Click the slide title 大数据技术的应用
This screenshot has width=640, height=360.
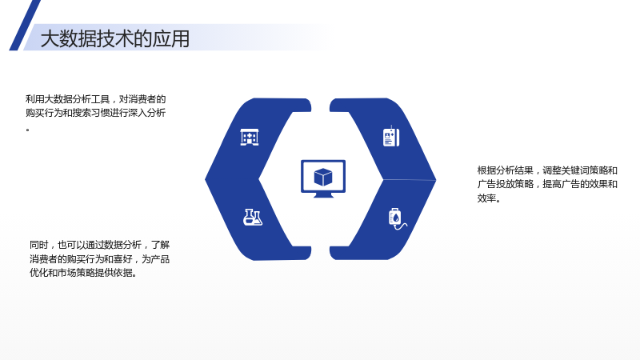[x=114, y=38]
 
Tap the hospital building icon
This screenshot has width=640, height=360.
[x=250, y=137]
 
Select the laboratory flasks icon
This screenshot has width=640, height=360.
[x=253, y=217]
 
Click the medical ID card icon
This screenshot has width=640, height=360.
[x=391, y=137]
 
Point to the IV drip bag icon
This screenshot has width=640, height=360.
[x=397, y=218]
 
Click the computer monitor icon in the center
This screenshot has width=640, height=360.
[x=323, y=178]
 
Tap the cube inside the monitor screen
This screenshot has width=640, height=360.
[x=323, y=177]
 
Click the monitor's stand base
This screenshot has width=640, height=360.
[x=323, y=195]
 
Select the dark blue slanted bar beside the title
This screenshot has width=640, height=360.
[x=25, y=26]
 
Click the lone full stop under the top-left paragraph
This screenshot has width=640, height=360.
[x=28, y=130]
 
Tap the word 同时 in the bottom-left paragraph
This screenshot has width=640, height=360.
[x=38, y=245]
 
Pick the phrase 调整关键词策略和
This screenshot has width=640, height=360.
[x=580, y=170]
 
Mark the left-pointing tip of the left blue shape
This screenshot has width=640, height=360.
[x=206, y=178]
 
